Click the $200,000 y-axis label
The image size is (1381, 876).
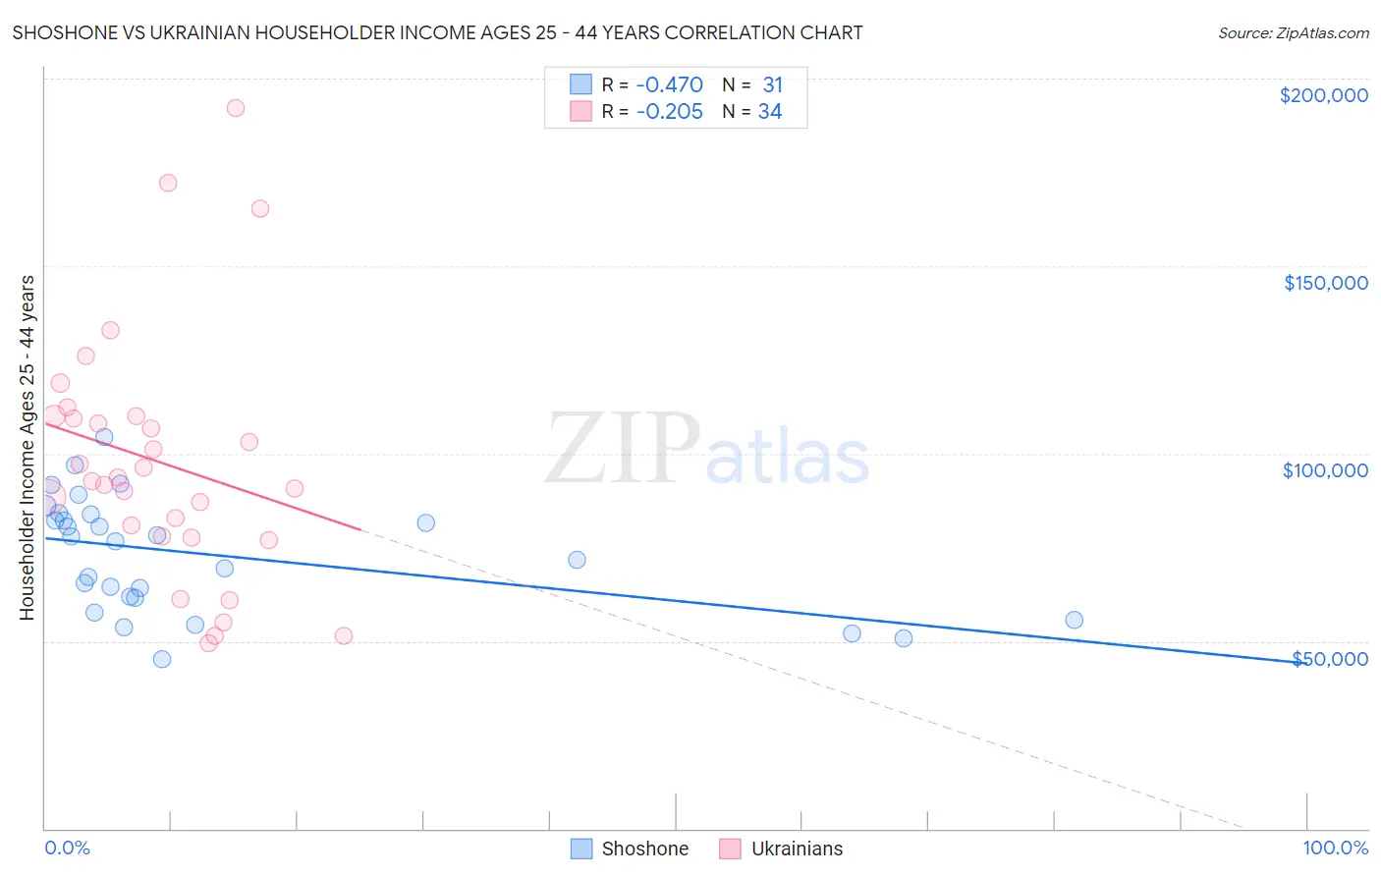(x=1323, y=95)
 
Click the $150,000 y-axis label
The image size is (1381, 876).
(x=1325, y=283)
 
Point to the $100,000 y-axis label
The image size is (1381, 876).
(x=1325, y=470)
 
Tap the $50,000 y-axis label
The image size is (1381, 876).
(x=1330, y=658)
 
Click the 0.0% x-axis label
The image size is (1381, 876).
(x=67, y=848)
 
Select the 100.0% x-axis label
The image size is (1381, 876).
(x=1335, y=848)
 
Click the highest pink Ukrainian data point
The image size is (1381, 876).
(x=235, y=108)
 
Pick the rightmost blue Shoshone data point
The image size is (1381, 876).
(x=1074, y=620)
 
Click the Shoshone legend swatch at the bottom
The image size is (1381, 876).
(x=581, y=849)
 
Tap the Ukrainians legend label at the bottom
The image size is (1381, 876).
(x=797, y=849)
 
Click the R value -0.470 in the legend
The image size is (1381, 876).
(x=669, y=85)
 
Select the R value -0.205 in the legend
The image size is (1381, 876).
(x=669, y=112)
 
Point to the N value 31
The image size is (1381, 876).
(x=772, y=85)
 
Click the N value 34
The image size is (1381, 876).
(x=770, y=112)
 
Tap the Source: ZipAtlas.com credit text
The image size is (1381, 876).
(x=1293, y=32)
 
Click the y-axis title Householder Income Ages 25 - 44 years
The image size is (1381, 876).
(x=27, y=448)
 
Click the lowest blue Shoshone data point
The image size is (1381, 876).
(x=162, y=659)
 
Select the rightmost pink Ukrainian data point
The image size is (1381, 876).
(x=344, y=635)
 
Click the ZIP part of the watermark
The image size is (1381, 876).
(x=622, y=450)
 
